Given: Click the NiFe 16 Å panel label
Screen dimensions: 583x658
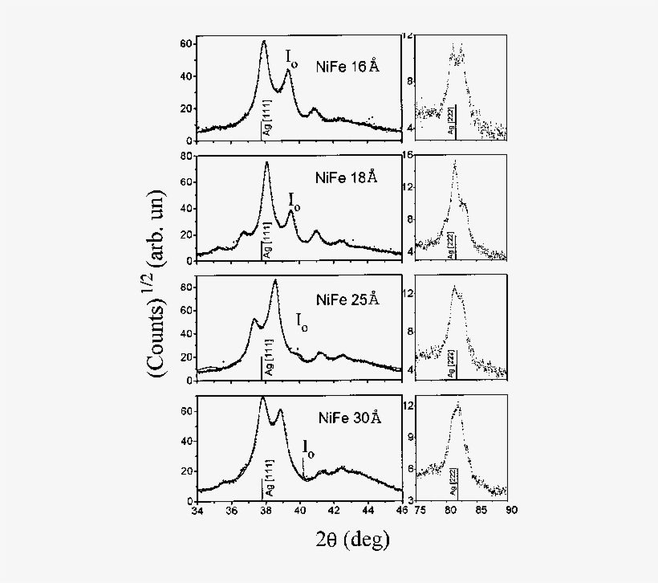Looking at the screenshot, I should (x=347, y=68).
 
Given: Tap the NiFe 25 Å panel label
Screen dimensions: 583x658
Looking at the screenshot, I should (x=346, y=300).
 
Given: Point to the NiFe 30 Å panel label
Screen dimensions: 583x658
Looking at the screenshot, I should (x=347, y=418).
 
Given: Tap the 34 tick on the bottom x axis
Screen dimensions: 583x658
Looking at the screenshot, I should (x=197, y=509).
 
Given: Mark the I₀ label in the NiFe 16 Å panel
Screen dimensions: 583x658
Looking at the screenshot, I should (x=292, y=57).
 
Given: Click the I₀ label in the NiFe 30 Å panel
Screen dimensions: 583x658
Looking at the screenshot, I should (x=308, y=447).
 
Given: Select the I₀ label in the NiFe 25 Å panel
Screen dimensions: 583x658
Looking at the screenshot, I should (x=302, y=323).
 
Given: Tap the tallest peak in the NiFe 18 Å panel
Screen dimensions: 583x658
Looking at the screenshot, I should (x=266, y=164).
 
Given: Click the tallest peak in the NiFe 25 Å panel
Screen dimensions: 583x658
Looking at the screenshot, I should (x=275, y=281).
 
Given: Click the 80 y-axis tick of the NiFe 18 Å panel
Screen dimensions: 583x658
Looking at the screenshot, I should (x=187, y=156).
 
